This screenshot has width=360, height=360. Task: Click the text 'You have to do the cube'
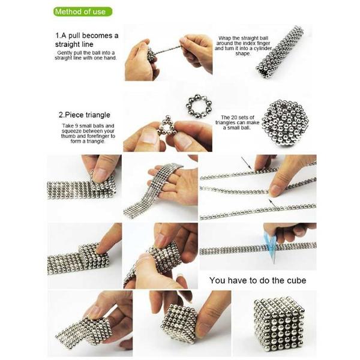click(257, 280)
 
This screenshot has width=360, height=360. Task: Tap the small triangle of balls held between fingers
click(167, 128)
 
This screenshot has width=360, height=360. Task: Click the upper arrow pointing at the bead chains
click(245, 161)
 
